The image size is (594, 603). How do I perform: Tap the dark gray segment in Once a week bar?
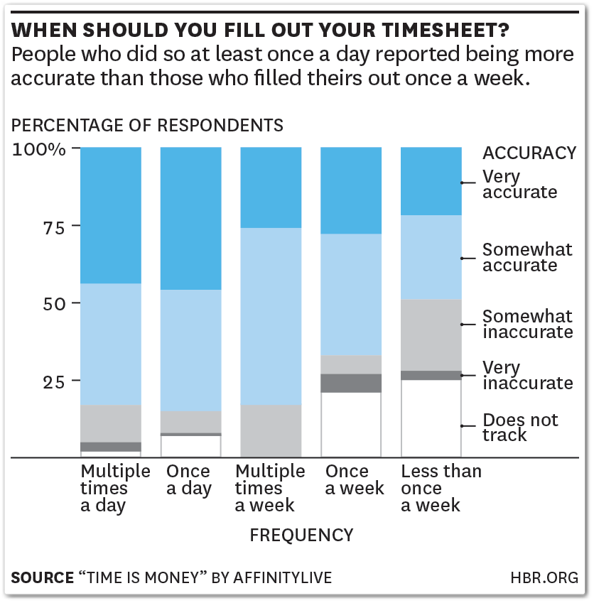click(351, 383)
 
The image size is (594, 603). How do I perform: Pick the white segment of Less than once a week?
click(431, 418)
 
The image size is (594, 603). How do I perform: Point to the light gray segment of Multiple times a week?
click(271, 430)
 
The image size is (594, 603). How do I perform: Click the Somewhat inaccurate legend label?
click(527, 324)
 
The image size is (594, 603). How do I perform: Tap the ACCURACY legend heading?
click(529, 153)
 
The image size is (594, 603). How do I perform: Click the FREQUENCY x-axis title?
click(301, 535)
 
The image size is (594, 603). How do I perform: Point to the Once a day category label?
click(188, 479)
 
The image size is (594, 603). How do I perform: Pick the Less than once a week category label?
click(441, 488)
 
